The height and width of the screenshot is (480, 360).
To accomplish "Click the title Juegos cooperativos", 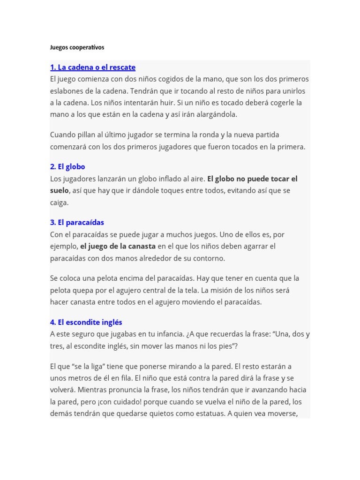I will [77, 47].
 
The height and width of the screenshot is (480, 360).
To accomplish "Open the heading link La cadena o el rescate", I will [93, 67].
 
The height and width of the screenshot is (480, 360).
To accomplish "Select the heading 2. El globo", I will [67, 166].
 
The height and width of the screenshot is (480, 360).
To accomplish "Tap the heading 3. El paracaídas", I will [77, 222].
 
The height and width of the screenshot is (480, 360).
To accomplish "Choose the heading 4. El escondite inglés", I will [86, 322].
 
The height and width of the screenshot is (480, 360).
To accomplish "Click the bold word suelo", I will [60, 191].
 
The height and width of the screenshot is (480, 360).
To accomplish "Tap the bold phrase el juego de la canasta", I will [118, 246].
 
